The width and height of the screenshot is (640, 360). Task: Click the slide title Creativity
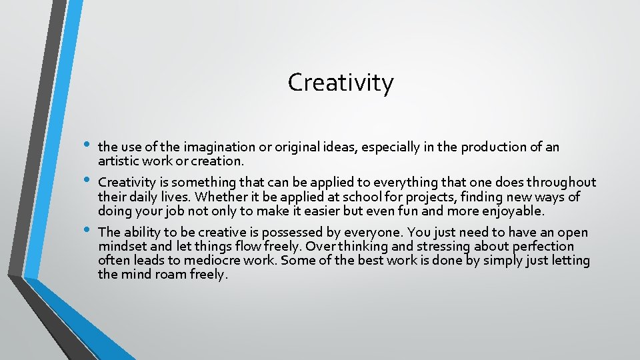pos(341,83)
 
